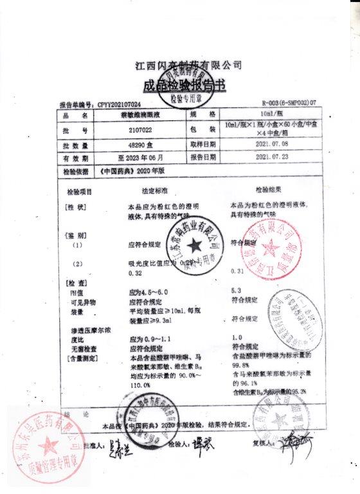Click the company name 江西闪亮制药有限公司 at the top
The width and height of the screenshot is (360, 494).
188,66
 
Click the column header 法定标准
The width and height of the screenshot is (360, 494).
155,192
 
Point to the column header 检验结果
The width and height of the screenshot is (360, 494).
268,191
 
